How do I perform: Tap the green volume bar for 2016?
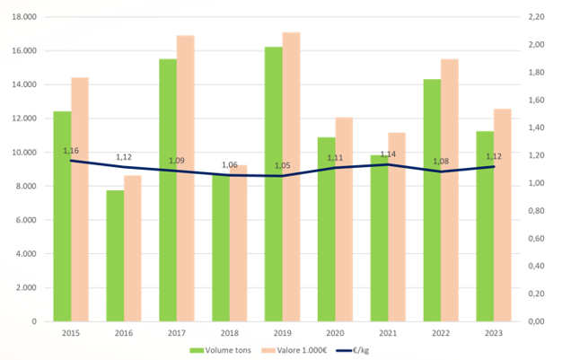click(115, 256)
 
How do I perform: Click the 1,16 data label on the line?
click(72, 150)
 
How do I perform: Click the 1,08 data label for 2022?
click(442, 162)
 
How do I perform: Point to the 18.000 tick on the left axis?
click(25, 17)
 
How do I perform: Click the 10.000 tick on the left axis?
click(25, 153)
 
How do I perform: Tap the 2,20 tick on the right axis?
click(535, 17)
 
